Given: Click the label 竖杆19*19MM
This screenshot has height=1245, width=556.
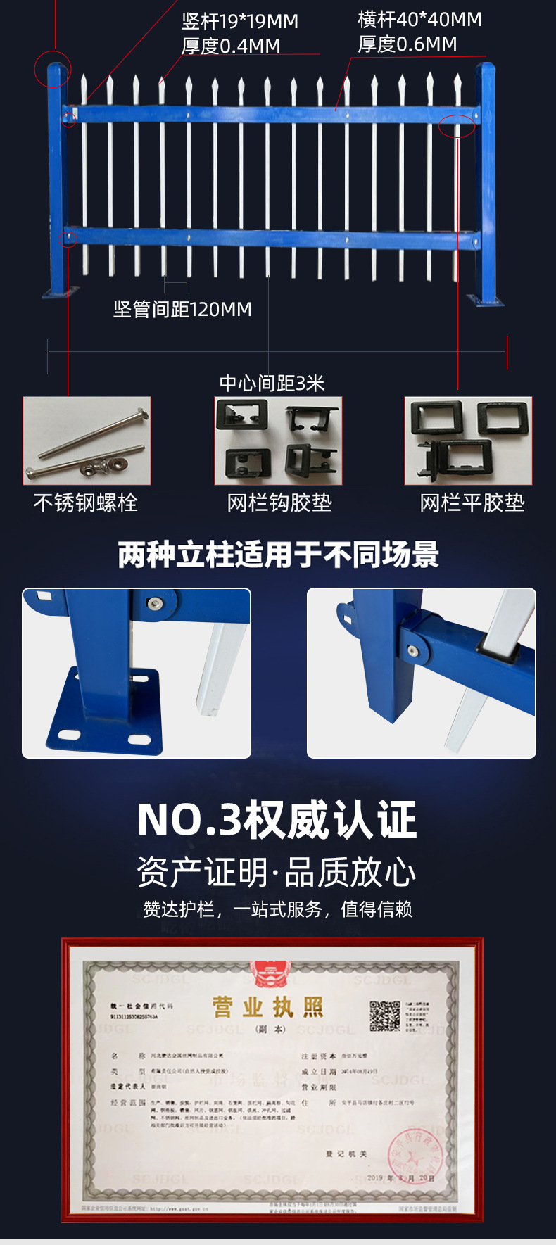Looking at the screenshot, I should [240, 22].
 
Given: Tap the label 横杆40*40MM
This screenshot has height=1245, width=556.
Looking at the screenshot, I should [419, 20].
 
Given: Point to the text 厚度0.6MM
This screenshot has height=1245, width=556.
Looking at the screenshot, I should [407, 44].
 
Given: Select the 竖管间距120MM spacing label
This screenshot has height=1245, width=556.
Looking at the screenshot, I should [182, 309].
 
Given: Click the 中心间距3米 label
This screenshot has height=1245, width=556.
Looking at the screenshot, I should [272, 384].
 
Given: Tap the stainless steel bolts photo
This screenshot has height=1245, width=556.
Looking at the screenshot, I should [87, 441].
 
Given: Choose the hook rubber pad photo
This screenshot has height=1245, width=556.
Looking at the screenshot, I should [278, 441].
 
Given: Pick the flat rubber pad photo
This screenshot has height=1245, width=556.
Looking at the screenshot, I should [468, 441].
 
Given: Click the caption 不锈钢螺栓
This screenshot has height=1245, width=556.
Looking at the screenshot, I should [85, 503].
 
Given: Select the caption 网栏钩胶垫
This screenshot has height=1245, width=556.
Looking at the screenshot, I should [279, 503].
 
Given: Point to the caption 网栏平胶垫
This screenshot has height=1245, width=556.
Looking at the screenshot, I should [472, 503].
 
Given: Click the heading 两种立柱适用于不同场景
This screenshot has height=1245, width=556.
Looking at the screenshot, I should [278, 555].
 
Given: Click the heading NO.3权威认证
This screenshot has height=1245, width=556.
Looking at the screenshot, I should [277, 820].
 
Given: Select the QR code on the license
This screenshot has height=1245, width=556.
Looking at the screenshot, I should [385, 1016].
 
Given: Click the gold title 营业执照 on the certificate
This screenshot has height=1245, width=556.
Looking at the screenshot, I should [268, 1007].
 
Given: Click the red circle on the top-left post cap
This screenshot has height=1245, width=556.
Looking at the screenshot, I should [53, 69].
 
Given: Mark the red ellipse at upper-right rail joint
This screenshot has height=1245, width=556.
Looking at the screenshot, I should [457, 126].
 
